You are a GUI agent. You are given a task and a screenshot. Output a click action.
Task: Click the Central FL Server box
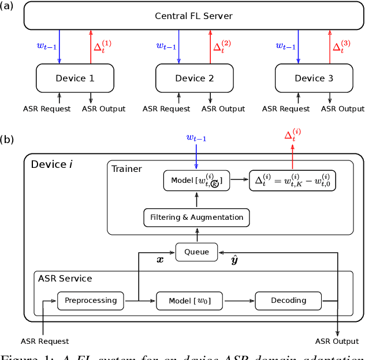coord(193,16)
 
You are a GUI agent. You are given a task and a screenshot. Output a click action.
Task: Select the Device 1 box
coord(75,78)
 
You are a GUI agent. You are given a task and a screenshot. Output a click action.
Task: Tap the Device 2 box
coord(194,78)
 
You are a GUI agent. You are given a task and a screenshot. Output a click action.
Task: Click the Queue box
coord(196,252)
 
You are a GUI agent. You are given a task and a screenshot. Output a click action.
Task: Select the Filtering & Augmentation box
coord(196,217)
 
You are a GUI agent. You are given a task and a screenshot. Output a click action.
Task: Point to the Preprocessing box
coord(91,300)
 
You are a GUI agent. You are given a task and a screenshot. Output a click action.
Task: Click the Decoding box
coord(288,301)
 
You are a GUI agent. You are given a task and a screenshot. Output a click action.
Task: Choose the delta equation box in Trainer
coord(292,181)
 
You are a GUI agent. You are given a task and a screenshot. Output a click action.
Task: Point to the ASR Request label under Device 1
coord(47,108)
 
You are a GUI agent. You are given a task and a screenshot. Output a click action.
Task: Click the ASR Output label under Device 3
coord(342,108)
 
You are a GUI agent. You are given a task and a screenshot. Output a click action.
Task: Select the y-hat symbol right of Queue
coord(234,260)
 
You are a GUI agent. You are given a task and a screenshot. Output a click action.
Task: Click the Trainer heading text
coord(126,169)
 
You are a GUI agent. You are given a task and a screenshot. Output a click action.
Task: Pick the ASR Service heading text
coord(65,278)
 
